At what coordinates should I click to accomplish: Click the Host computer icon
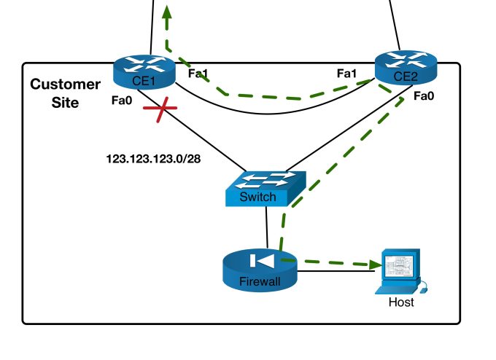(398, 271)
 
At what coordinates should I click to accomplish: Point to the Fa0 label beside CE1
(122, 102)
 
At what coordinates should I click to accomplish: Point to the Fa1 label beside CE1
(198, 74)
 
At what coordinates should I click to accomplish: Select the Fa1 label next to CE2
(346, 74)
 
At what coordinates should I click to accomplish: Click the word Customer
(65, 85)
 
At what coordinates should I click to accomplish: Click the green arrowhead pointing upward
(167, 12)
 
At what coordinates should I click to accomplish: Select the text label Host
(400, 302)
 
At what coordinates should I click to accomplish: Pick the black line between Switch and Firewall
(268, 227)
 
